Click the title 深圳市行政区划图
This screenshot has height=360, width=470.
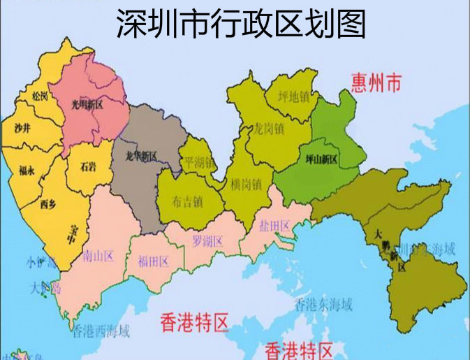(240, 24)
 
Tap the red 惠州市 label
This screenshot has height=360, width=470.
(376, 85)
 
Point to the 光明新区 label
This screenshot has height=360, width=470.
(87, 104)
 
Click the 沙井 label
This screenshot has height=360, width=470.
(22, 128)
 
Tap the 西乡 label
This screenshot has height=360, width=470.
(47, 204)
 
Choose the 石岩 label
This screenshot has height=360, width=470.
(88, 166)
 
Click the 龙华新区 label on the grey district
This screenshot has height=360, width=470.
(140, 155)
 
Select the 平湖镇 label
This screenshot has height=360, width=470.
(198, 163)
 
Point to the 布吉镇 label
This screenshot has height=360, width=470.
(186, 201)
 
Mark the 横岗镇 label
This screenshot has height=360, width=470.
(245, 185)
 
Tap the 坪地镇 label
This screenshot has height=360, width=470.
(293, 96)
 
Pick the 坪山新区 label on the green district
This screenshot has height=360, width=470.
(322, 159)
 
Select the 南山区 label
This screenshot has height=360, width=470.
(98, 255)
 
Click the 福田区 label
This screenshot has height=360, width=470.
(153, 261)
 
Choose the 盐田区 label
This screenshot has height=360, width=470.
(274, 226)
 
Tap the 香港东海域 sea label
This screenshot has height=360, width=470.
(323, 304)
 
